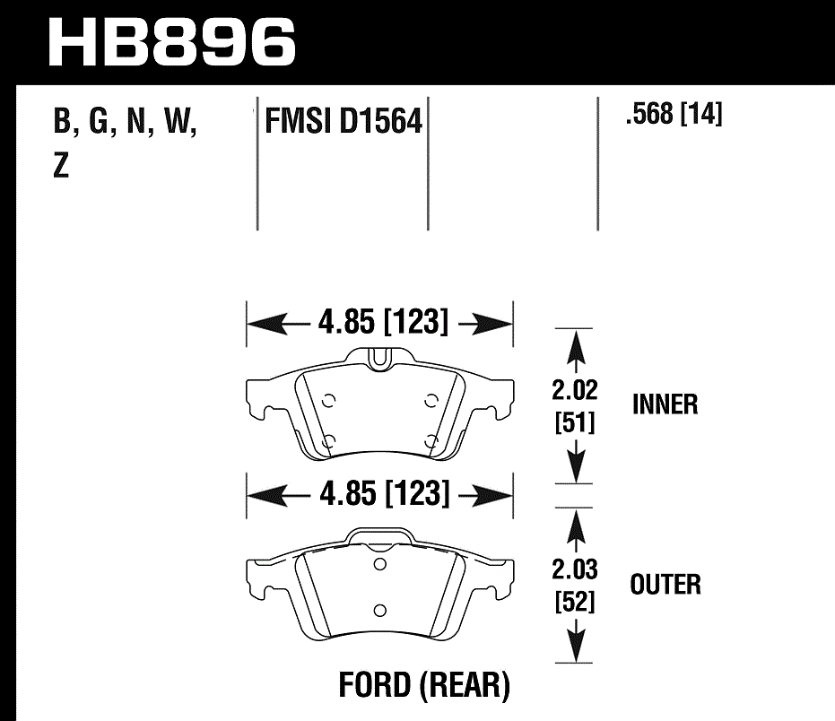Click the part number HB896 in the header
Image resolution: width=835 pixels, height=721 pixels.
pyautogui.click(x=171, y=40)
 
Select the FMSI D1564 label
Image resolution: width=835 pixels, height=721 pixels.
pyautogui.click(x=343, y=121)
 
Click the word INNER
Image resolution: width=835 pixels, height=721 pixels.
pyautogui.click(x=665, y=404)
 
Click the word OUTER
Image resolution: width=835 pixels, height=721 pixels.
pyautogui.click(x=665, y=585)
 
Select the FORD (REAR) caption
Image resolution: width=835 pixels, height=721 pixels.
pyautogui.click(x=424, y=686)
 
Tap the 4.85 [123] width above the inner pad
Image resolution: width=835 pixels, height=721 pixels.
pyautogui.click(x=381, y=321)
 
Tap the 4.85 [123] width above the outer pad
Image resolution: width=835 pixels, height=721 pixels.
pyautogui.click(x=381, y=493)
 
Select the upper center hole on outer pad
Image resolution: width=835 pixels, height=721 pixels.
pyautogui.click(x=380, y=564)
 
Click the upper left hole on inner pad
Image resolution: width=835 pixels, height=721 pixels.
pyautogui.click(x=328, y=400)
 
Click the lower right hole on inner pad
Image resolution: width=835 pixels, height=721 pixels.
pyautogui.click(x=432, y=439)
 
